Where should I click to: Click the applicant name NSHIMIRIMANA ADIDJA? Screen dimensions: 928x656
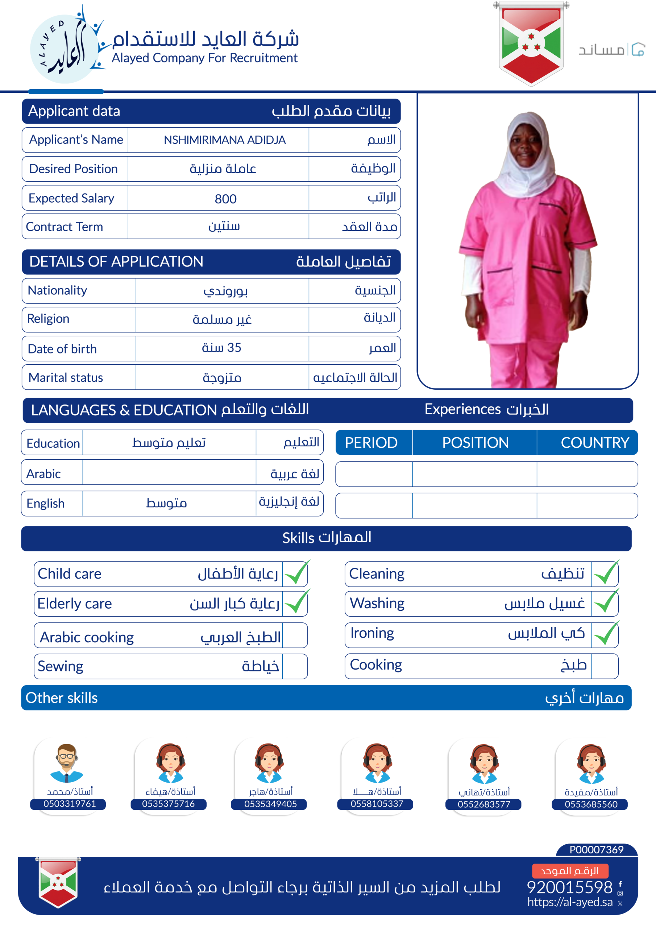224,140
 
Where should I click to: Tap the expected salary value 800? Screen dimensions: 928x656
225,198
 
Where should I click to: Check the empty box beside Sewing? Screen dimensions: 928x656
295,666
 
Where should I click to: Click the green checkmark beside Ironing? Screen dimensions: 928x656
606,634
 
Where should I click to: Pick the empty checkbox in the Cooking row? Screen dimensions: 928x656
604,665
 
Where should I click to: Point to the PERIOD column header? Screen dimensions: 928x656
371,443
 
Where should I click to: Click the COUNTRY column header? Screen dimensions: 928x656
594,443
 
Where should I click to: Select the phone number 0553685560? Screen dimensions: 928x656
591,804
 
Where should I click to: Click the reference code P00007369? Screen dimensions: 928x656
596,850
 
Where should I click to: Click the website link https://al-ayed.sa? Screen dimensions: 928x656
569,902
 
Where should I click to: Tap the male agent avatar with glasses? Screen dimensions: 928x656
67,763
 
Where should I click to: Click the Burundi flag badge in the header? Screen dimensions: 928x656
531,43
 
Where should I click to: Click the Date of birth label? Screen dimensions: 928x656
62,349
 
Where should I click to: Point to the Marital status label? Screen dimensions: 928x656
66,377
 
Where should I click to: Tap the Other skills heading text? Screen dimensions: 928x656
62,698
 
